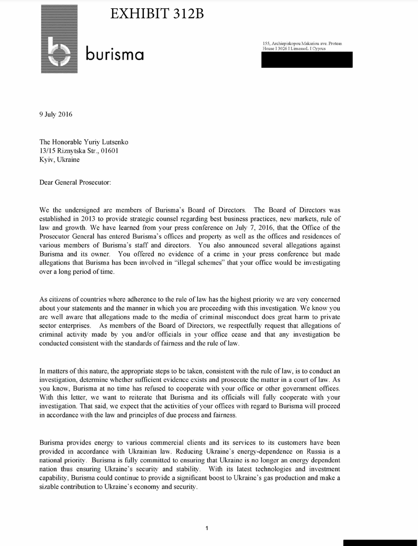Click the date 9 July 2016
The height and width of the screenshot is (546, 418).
(56, 114)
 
